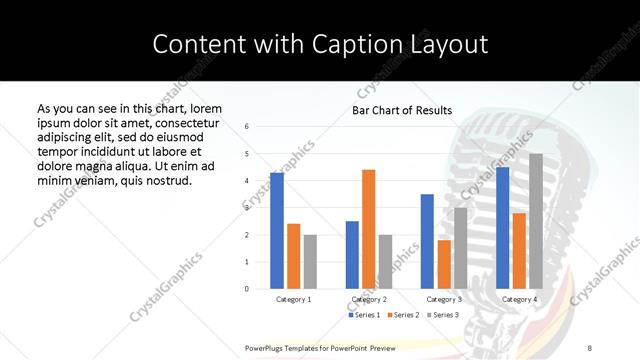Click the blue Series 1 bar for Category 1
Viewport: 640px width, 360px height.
277,231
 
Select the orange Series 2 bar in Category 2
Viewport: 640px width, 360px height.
369,229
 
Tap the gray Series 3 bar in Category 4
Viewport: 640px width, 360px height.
536,221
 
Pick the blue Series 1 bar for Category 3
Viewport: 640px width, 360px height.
427,241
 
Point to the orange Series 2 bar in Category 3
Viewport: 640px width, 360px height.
444,264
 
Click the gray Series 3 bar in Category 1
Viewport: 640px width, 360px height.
310,262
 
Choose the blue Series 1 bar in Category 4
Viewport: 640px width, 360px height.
503,228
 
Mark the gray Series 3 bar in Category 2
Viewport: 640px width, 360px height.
386,262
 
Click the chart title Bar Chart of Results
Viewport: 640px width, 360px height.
402,110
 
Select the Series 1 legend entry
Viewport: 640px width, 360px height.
363,315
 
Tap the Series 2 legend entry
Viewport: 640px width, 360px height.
402,315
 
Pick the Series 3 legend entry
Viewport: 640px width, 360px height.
442,315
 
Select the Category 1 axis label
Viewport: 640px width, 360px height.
294,299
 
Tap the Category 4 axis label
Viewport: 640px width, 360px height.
520,299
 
